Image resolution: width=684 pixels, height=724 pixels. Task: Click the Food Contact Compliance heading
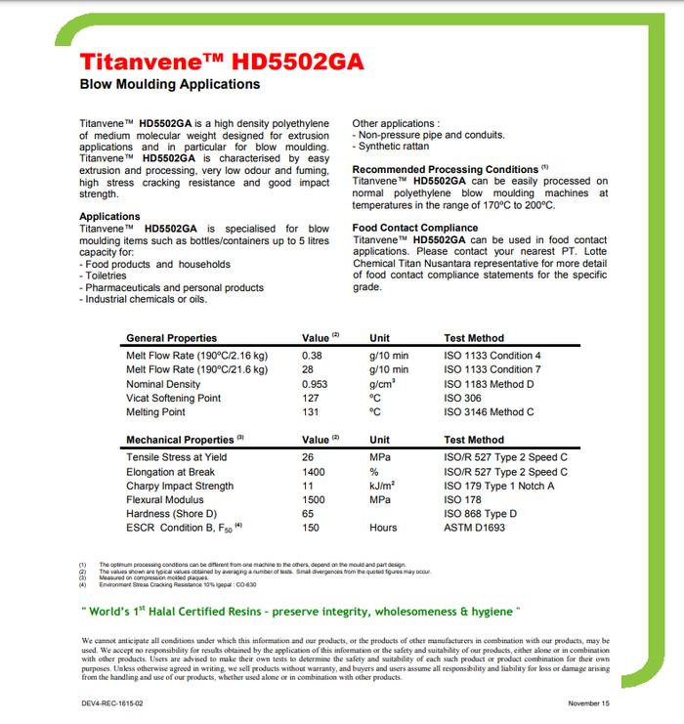(x=415, y=228)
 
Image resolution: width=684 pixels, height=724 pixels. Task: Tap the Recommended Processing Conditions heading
(x=445, y=169)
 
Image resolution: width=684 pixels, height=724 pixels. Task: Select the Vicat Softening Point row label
(x=173, y=399)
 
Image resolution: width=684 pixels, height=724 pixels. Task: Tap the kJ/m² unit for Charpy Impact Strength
(x=383, y=486)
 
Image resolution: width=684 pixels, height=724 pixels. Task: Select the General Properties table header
(x=171, y=338)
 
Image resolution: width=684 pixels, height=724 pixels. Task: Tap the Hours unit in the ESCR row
(x=383, y=528)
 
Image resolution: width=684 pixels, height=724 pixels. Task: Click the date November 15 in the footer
(x=591, y=703)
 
